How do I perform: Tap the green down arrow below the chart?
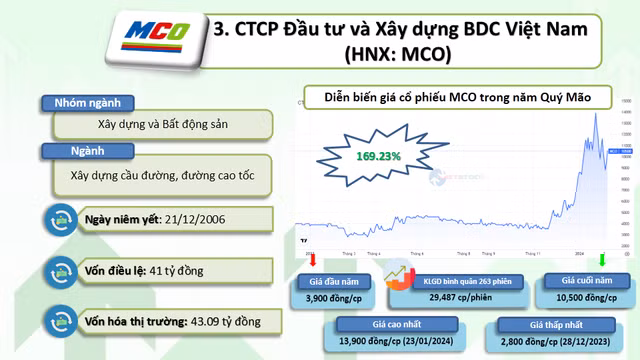tap(602, 260)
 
